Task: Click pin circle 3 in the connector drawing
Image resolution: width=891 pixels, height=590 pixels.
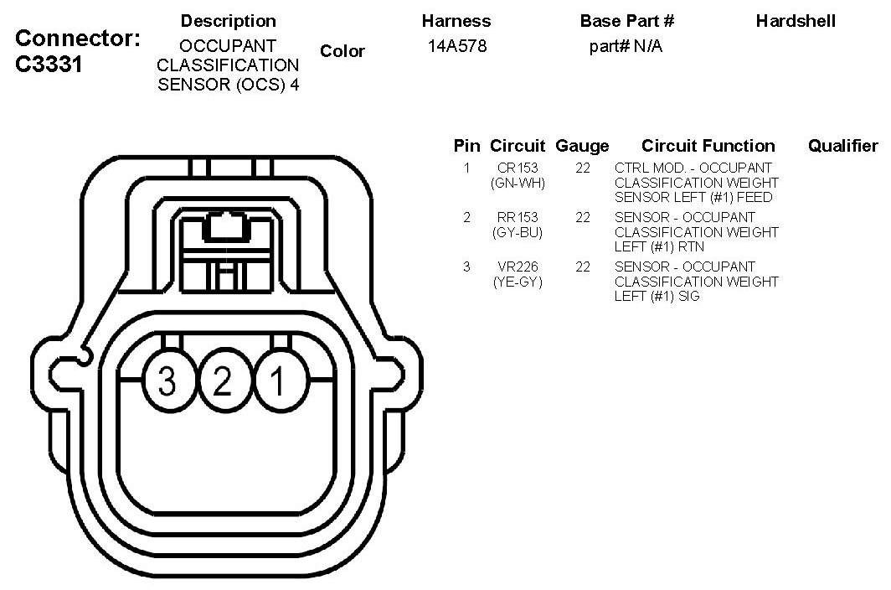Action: pyautogui.click(x=168, y=382)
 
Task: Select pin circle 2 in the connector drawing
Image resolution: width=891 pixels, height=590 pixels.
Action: pyautogui.click(x=223, y=382)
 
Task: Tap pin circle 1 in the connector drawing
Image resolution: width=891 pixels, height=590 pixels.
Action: pyautogui.click(x=277, y=382)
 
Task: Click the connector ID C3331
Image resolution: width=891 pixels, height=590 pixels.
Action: pyautogui.click(x=49, y=65)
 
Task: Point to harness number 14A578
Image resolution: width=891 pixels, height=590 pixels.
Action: pyautogui.click(x=456, y=46)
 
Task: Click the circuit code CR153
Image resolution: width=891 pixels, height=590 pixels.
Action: pyautogui.click(x=518, y=168)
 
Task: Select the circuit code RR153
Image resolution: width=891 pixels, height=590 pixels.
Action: pyautogui.click(x=518, y=218)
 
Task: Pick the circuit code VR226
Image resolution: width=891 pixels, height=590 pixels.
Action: pyautogui.click(x=518, y=267)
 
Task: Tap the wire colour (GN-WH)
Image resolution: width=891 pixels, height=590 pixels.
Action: pyautogui.click(x=518, y=183)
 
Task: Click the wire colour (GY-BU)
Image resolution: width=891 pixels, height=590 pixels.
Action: pyautogui.click(x=518, y=232)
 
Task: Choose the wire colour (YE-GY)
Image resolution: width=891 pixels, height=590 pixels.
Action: pyautogui.click(x=518, y=282)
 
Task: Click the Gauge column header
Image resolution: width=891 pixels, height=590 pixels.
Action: pyautogui.click(x=582, y=147)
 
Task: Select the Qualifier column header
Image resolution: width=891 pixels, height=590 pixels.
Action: pyautogui.click(x=842, y=146)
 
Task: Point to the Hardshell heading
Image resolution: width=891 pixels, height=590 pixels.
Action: pyautogui.click(x=796, y=21)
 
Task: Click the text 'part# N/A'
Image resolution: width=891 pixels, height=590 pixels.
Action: pyautogui.click(x=626, y=46)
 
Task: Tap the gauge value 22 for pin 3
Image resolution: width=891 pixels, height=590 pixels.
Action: pyautogui.click(x=583, y=267)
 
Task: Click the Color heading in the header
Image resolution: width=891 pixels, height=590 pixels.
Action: pyautogui.click(x=342, y=51)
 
